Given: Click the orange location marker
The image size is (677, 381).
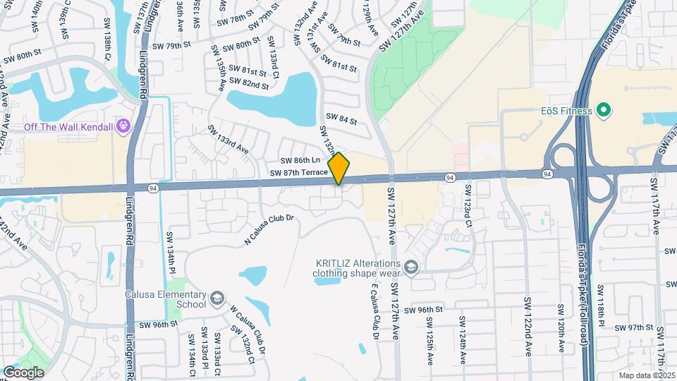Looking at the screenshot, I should pyautogui.click(x=339, y=168).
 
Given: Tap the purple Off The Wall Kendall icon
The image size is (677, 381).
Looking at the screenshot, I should pyautogui.click(x=125, y=126).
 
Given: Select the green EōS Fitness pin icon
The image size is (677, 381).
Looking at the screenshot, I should pyautogui.click(x=602, y=110).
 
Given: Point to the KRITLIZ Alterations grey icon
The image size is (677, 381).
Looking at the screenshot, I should pyautogui.click(x=411, y=267).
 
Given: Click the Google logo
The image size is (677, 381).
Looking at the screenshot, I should pyautogui.click(x=23, y=373).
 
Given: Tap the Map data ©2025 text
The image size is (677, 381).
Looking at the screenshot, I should pyautogui.click(x=647, y=375).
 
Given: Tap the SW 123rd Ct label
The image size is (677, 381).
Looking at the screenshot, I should pyautogui.click(x=468, y=205).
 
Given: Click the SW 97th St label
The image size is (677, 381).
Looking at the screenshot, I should pyautogui.click(x=632, y=327).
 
